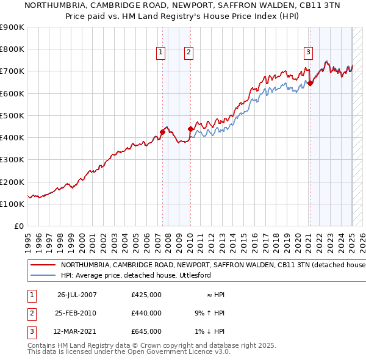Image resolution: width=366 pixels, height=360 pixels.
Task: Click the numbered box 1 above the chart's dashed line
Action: tap(161, 52)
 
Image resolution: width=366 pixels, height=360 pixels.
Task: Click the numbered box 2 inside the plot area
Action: tap(189, 52)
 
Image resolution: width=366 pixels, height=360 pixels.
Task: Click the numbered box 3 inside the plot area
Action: tap(309, 52)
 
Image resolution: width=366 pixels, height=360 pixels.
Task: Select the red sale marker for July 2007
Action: tap(162, 132)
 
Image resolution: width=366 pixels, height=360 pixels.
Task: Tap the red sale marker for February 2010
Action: tap(190, 129)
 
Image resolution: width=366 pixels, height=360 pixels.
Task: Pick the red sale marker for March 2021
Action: tap(310, 83)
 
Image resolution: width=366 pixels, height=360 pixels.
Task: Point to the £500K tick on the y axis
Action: tap(12, 115)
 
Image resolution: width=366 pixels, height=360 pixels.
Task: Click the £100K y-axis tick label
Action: tap(12, 204)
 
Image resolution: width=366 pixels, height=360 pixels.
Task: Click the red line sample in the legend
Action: tap(42, 265)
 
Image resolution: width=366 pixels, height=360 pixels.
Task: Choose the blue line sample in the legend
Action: tap(42, 276)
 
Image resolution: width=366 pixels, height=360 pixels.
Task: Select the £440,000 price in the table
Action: tap(146, 313)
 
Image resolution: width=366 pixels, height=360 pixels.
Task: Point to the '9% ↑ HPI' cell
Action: tap(207, 313)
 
